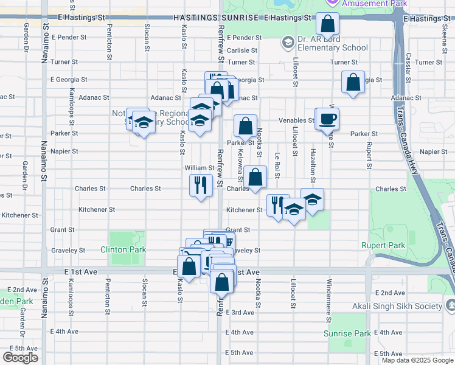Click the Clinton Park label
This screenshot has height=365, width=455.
tap(123, 249)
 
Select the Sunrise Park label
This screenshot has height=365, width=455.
tap(355, 333)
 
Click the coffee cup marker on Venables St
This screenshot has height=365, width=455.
tap(327, 119)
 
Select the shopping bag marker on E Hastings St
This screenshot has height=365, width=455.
tap(327, 25)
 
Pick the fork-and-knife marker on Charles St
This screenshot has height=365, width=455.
tap(201, 186)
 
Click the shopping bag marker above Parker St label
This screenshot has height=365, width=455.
tap(245, 126)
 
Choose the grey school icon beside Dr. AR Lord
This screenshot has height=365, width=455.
tap(287, 42)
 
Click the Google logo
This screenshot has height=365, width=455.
tap(20, 358)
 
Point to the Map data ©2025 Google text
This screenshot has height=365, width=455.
tap(417, 360)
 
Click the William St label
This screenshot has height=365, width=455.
tap(200, 167)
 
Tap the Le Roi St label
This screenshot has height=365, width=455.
tap(277, 165)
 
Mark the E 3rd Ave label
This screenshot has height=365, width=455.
tap(240, 312)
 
